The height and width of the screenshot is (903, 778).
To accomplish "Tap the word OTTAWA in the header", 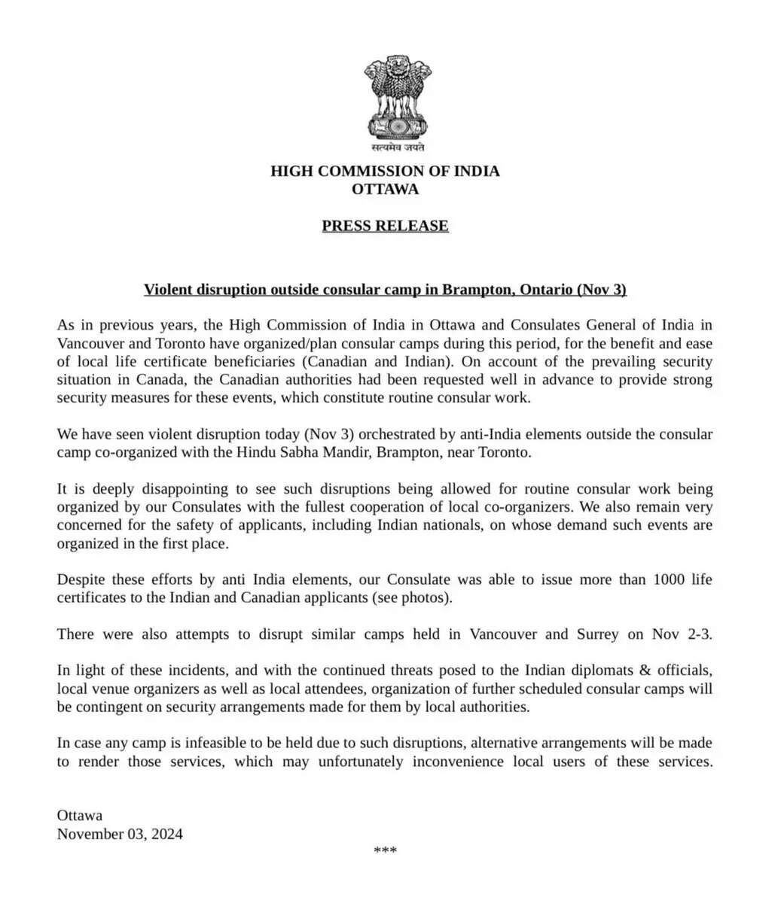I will pyautogui.click(x=385, y=189).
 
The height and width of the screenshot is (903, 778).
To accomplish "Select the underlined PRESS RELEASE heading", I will pyautogui.click(x=385, y=226).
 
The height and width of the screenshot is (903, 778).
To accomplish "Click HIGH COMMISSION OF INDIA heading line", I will pyautogui.click(x=385, y=171).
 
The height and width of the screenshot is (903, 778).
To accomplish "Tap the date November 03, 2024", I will pyautogui.click(x=120, y=834).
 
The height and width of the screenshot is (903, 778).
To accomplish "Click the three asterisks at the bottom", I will pyautogui.click(x=385, y=851).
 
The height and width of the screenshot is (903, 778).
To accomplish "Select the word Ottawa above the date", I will pyautogui.click(x=80, y=816).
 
